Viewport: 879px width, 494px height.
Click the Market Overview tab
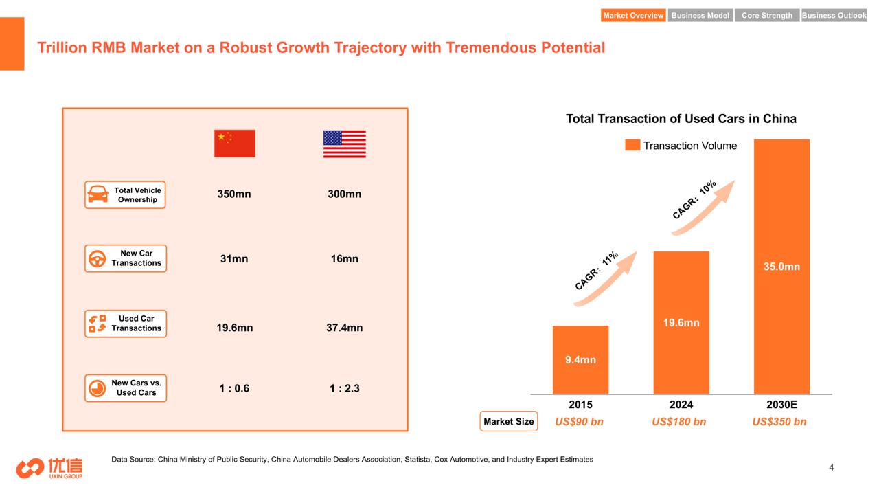(633, 15)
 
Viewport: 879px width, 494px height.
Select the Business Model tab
(700, 15)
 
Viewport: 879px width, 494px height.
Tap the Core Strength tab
(767, 15)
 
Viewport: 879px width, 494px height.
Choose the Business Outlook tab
(834, 15)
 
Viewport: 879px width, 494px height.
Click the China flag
(235, 144)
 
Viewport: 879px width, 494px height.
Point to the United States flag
(345, 144)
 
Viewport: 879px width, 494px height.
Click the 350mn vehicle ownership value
(234, 194)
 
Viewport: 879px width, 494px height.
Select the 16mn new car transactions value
(345, 259)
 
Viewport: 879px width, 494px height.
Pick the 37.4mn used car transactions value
(345, 328)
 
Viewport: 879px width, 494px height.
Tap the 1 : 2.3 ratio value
(345, 388)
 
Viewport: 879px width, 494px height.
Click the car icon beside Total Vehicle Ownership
(98, 194)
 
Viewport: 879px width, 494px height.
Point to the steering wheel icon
(98, 259)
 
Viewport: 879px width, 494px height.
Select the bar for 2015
(580, 360)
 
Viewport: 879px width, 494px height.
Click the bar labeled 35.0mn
(781, 267)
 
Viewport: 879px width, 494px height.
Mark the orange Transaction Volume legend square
(632, 145)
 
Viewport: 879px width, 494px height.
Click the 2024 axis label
(681, 405)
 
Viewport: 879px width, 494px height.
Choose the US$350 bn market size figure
(779, 422)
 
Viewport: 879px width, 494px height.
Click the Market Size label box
(509, 421)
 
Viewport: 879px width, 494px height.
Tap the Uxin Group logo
(49, 468)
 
